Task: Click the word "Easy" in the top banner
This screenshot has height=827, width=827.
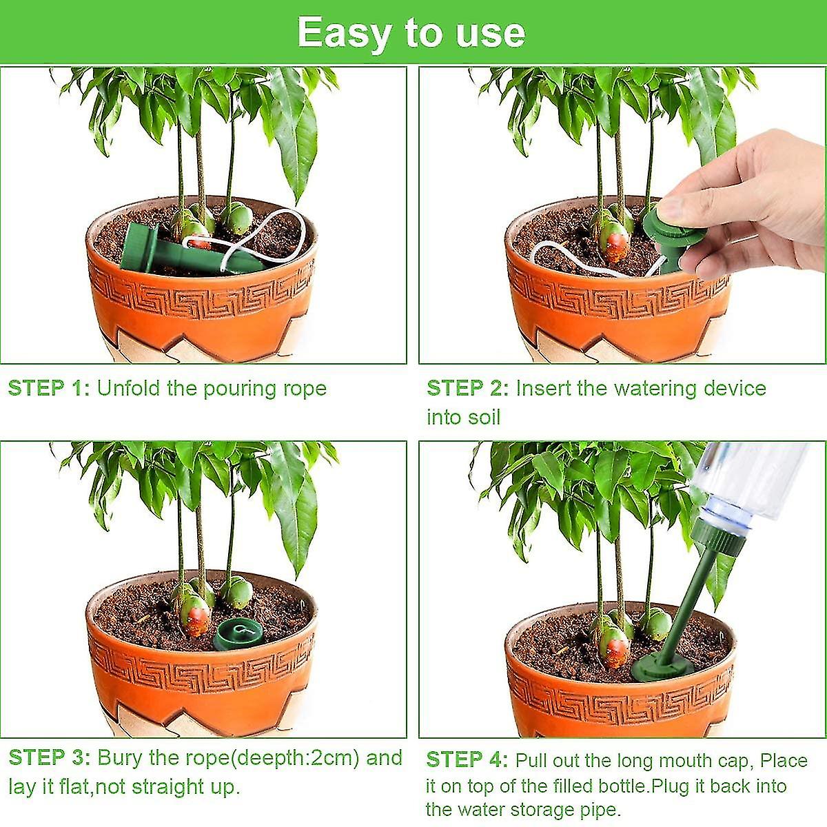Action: click(344, 34)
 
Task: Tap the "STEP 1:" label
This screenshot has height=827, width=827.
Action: click(49, 389)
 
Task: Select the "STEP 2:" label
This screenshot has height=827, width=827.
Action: click(468, 389)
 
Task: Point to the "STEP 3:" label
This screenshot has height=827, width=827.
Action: click(50, 757)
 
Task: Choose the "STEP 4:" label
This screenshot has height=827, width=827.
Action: click(467, 760)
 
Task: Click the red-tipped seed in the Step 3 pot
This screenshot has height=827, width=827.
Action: click(194, 618)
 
